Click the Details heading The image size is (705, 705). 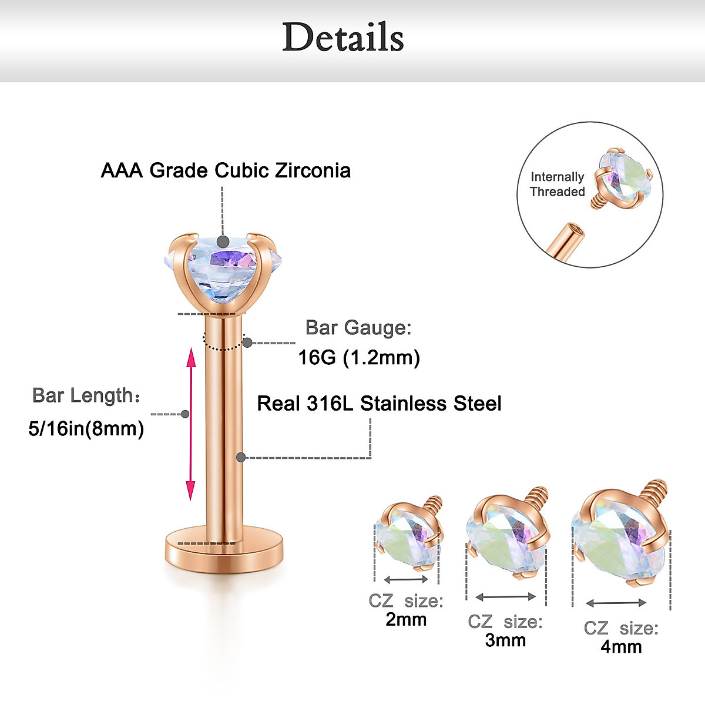click(x=343, y=38)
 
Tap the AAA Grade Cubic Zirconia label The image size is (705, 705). click(x=226, y=170)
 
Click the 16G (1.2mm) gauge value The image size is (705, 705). click(x=358, y=357)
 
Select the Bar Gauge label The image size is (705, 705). click(x=358, y=328)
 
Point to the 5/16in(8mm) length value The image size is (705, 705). click(x=86, y=428)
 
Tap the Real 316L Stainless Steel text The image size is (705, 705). click(x=379, y=404)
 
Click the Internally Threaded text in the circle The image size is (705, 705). click(x=557, y=184)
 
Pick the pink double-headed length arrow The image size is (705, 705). click(x=190, y=424)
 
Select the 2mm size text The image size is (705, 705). click(x=406, y=619)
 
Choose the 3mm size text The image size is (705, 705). click(x=505, y=640)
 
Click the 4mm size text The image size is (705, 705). click(x=621, y=647)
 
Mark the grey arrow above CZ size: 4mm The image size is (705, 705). click(x=616, y=603)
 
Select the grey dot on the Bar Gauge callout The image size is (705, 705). click(x=247, y=343)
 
